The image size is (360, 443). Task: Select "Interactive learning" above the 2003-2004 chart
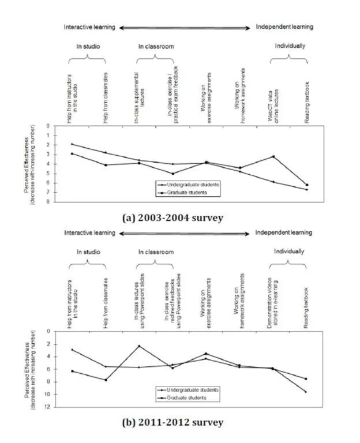click(x=89, y=27)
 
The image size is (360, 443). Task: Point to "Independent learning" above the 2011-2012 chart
click(x=284, y=232)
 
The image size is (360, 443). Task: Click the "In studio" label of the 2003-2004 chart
click(x=87, y=46)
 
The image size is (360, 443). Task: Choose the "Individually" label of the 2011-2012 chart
click(x=288, y=252)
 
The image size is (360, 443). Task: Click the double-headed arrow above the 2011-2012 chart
click(x=185, y=233)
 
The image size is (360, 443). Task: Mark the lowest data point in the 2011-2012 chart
click(x=306, y=392)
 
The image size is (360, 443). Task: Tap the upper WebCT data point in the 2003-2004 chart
click(x=273, y=156)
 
